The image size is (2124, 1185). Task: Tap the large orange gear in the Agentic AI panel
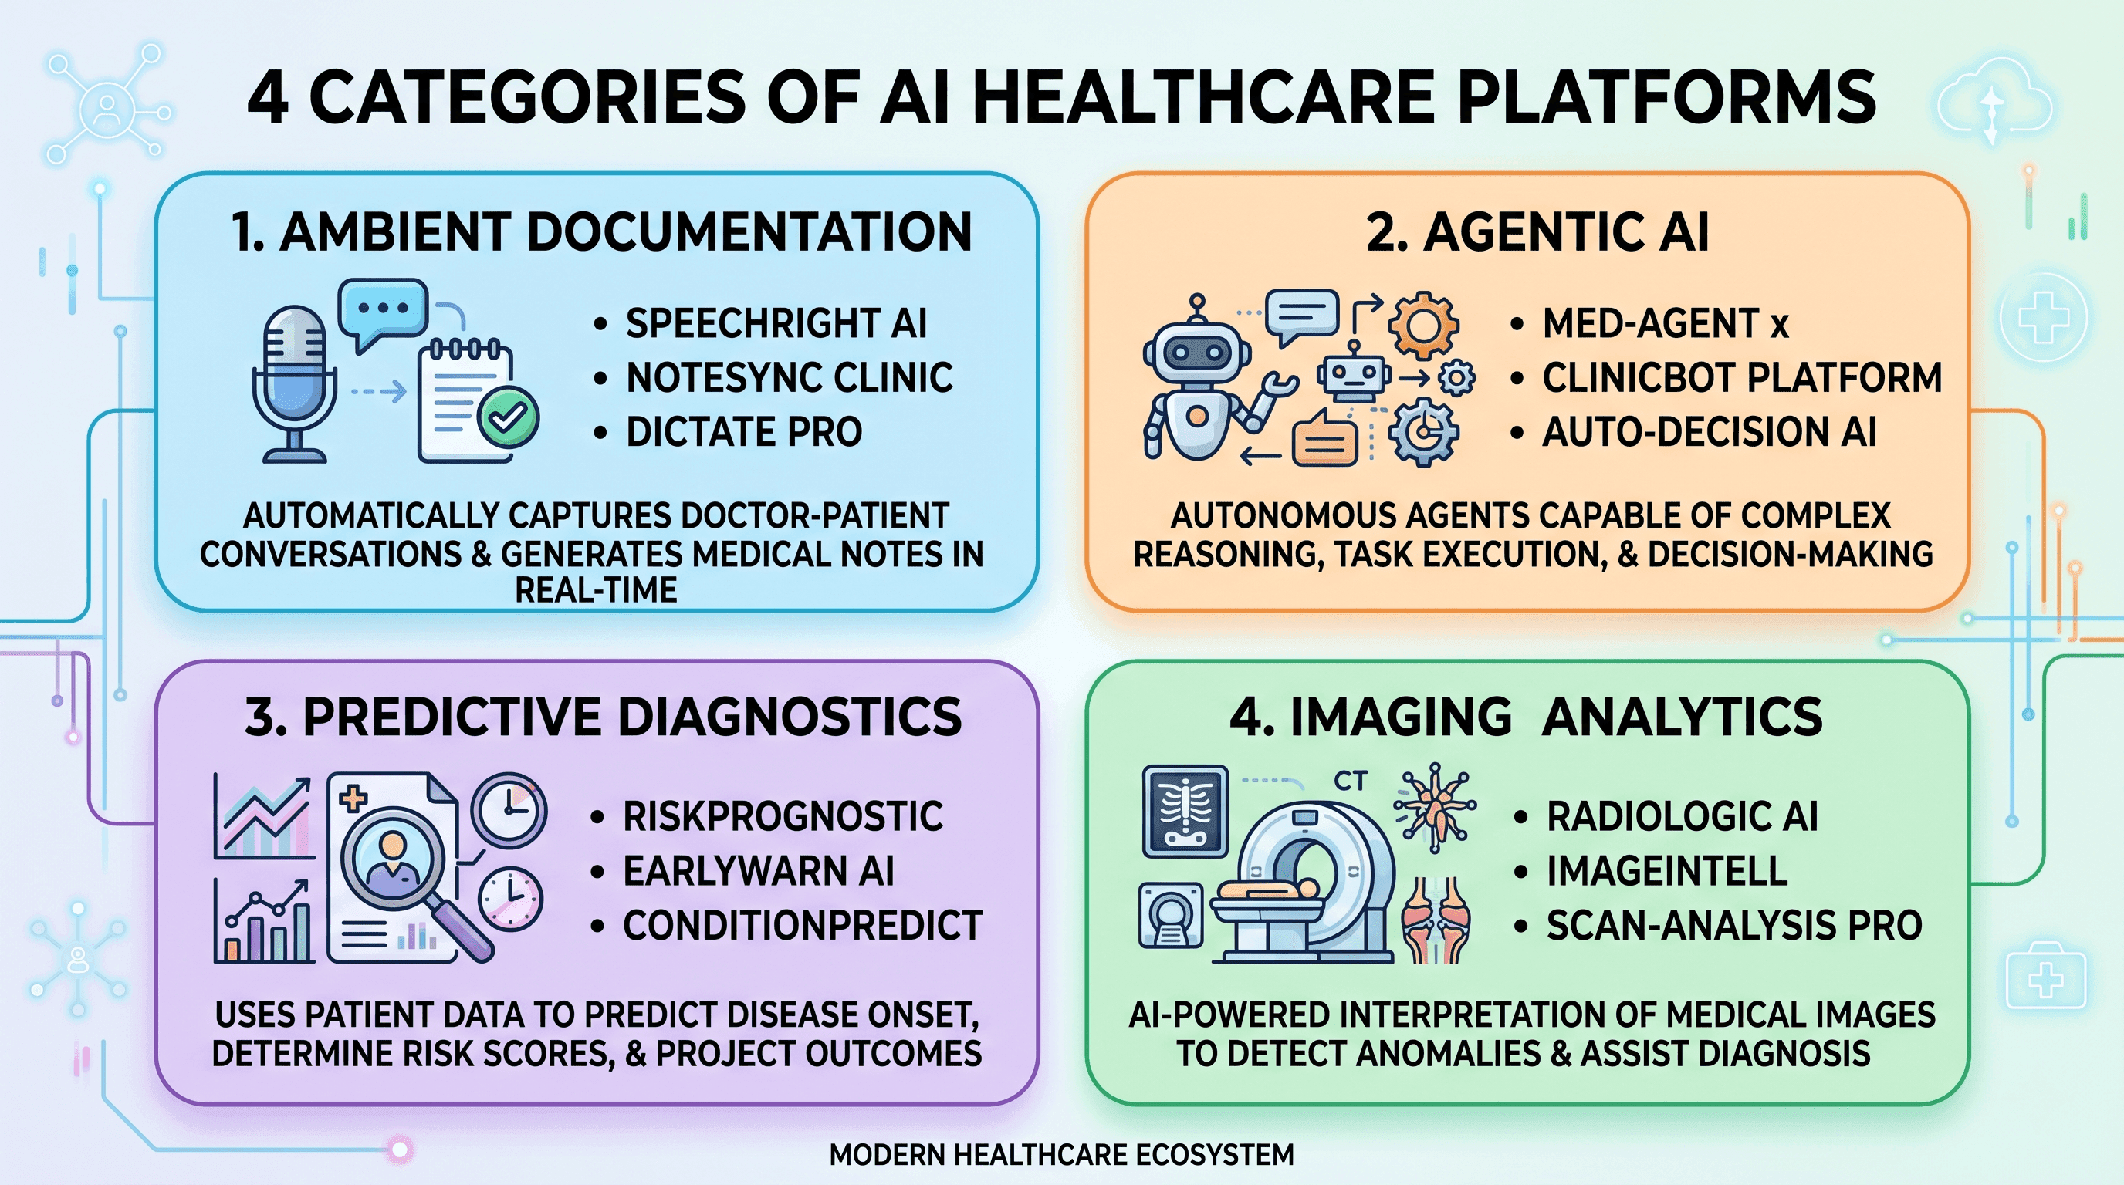[x=1423, y=324]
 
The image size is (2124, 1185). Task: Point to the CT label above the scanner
[x=1350, y=781]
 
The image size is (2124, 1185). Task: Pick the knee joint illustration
[x=1436, y=919]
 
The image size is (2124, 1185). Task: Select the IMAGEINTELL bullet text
[x=1666, y=871]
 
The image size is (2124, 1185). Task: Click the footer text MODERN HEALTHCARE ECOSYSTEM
[x=1061, y=1154]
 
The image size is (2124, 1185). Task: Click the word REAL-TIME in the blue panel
[x=595, y=590]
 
